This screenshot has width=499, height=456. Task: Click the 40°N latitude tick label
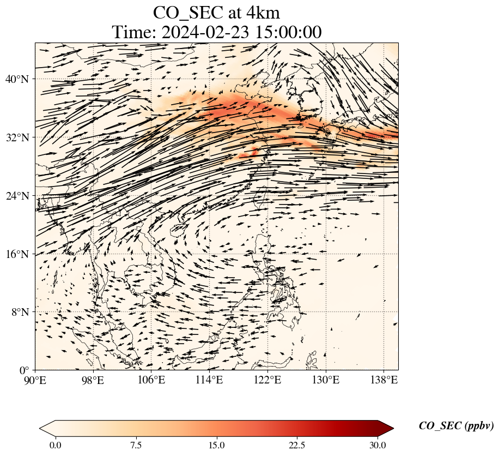pyautogui.click(x=20, y=80)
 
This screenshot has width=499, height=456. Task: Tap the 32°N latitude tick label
pyautogui.click(x=20, y=137)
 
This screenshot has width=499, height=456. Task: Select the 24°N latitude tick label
pyautogui.click(x=20, y=196)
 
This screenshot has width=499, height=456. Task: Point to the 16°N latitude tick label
pyautogui.click(x=20, y=254)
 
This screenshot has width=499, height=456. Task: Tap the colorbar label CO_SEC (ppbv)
pyautogui.click(x=456, y=427)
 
